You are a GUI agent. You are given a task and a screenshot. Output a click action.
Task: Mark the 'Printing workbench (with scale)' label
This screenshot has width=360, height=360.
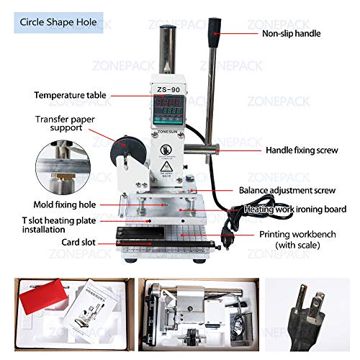[x=298, y=240]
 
